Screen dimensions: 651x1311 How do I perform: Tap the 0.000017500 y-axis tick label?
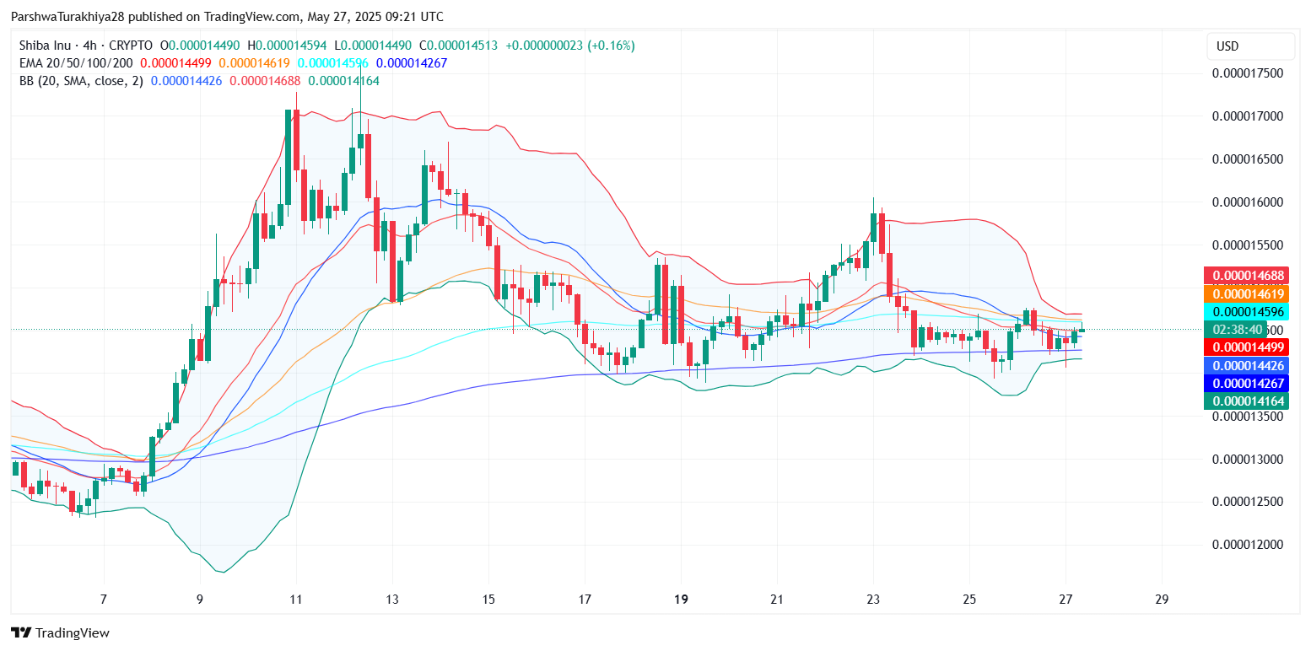click(x=1247, y=73)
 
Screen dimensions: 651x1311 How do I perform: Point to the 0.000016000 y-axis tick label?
click(x=1247, y=202)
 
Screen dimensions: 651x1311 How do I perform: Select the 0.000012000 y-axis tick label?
click(x=1247, y=545)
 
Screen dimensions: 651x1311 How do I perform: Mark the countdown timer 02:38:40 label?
click(x=1238, y=330)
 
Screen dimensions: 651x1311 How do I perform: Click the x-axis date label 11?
click(x=296, y=600)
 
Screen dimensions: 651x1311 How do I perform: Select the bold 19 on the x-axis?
click(x=682, y=600)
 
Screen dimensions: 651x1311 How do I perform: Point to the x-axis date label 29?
click(x=1162, y=600)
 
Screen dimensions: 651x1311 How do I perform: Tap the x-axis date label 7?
click(x=104, y=600)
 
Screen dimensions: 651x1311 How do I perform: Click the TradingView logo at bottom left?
click(x=60, y=632)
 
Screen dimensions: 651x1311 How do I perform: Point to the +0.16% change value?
click(x=612, y=46)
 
